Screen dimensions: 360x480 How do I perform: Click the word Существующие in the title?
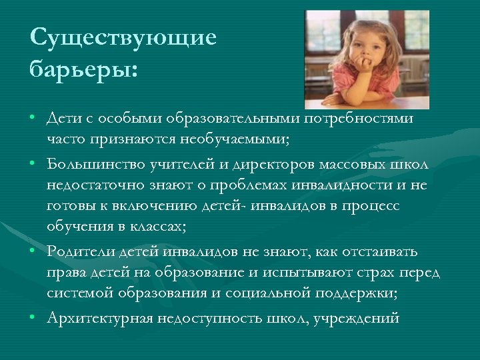coord(123,37)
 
